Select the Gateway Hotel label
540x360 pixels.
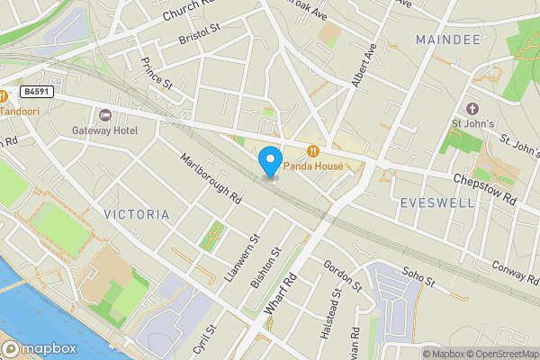tap(105, 130)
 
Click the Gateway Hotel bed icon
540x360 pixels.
tap(105, 114)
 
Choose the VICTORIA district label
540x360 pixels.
tap(136, 214)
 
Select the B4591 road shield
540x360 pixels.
tap(37, 92)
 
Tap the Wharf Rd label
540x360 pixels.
tap(280, 293)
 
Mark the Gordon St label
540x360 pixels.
tap(342, 274)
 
